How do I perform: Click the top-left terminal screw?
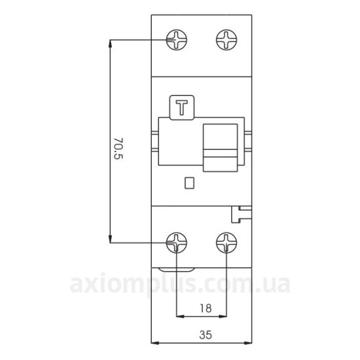tap(177, 40)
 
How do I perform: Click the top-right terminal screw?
tap(226, 40)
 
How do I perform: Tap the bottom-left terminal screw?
tap(177, 243)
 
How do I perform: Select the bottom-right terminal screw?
tap(226, 243)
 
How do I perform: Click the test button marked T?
tap(182, 107)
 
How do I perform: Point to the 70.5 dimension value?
tap(118, 149)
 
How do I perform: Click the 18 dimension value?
tap(206, 308)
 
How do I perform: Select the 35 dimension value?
tap(206, 335)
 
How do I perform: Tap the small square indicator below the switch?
tap(190, 183)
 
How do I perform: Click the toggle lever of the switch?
tap(221, 148)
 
